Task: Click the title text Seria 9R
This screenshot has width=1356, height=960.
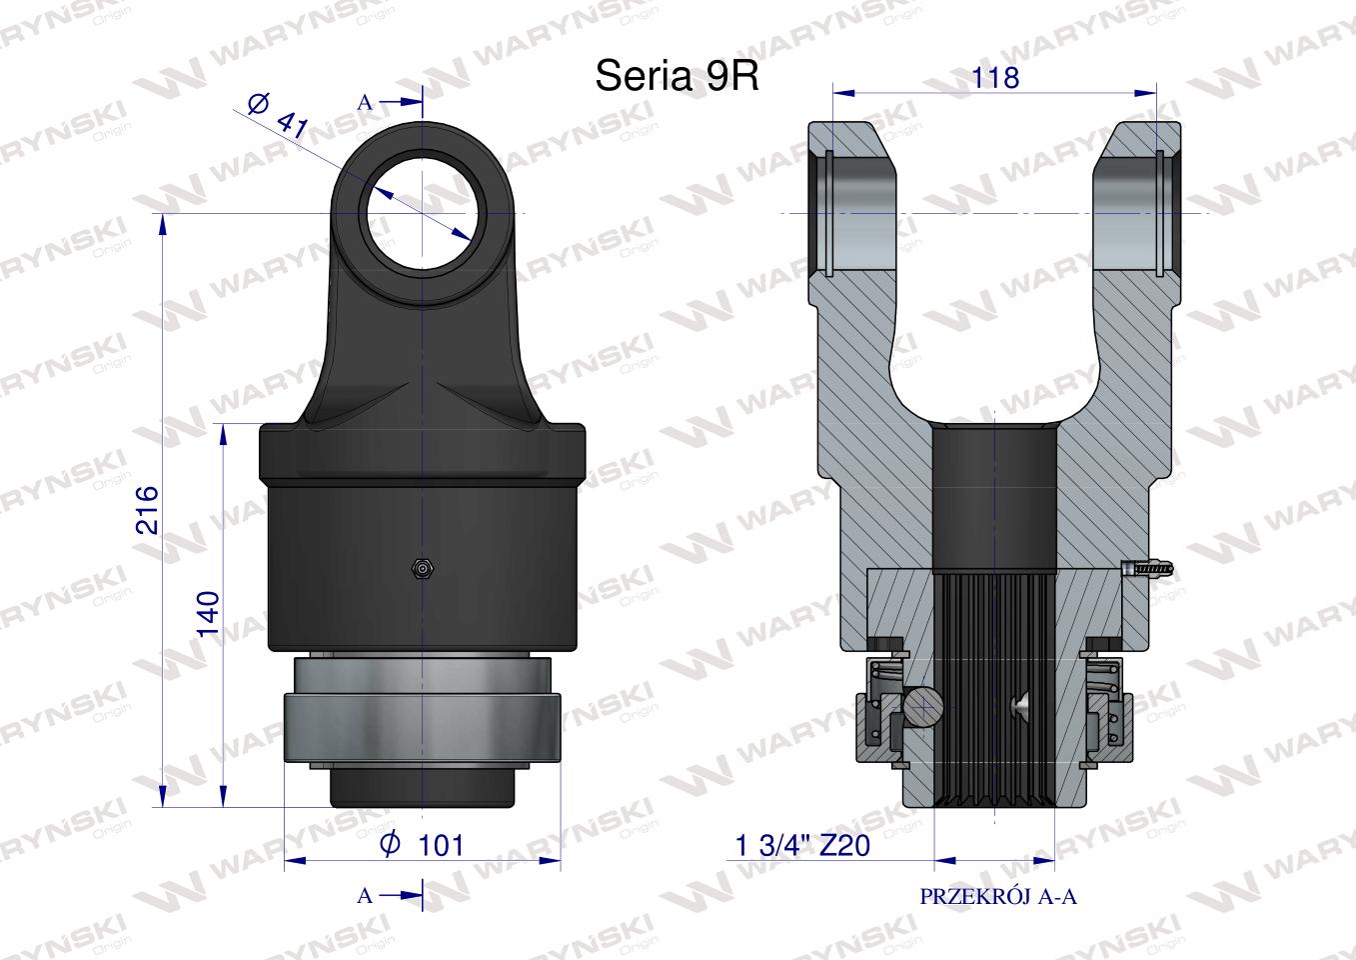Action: point(677,76)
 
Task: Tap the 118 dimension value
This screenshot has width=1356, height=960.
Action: point(994,78)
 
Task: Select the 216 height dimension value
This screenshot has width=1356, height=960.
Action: point(147,509)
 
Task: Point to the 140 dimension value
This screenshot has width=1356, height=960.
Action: point(208,613)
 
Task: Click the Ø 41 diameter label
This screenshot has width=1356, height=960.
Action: point(278,116)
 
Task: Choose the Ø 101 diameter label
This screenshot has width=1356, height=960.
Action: point(422,844)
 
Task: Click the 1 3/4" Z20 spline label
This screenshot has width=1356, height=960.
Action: point(802,845)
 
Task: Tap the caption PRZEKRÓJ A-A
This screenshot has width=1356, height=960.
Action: point(998,897)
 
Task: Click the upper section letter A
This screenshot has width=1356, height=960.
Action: point(365,103)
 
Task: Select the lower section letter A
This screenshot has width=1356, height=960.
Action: point(365,895)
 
